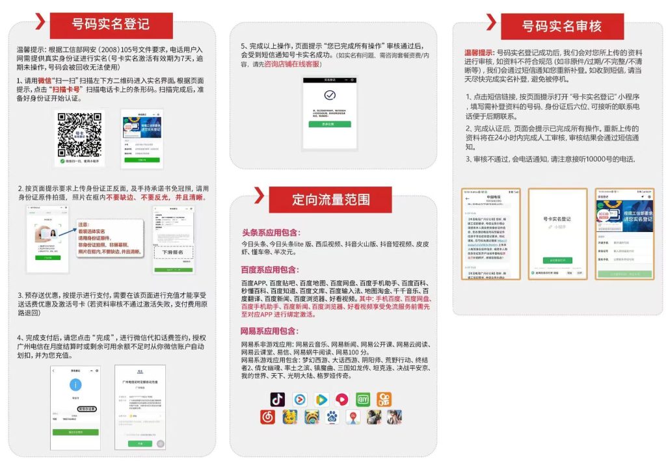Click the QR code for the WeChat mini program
[x=78, y=134]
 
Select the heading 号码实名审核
[x=562, y=26]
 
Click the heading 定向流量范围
[x=330, y=200]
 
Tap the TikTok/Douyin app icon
[x=278, y=399]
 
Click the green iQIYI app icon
[x=363, y=399]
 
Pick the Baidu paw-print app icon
[x=332, y=417]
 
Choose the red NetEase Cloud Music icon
[x=268, y=417]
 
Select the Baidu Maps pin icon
[x=353, y=417]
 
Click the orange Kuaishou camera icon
[x=384, y=399]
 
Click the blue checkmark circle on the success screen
[x=330, y=96]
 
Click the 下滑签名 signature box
[x=173, y=252]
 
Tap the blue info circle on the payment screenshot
[x=75, y=385]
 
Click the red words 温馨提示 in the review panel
[x=479, y=52]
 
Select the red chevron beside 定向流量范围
[x=259, y=194]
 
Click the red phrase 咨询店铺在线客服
[x=292, y=64]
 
